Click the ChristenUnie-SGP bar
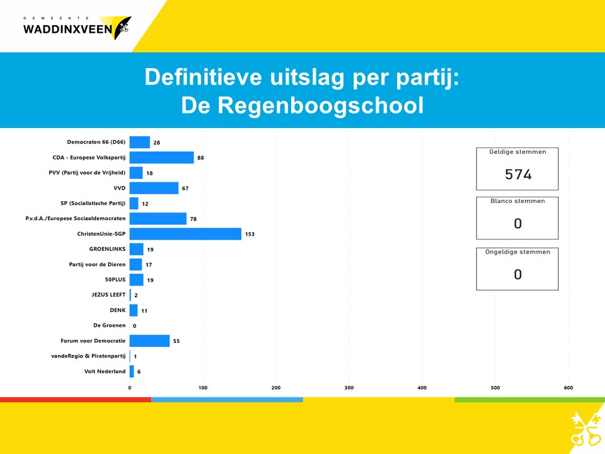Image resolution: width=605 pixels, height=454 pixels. point(185,234)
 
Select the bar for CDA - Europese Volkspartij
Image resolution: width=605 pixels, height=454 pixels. point(162,158)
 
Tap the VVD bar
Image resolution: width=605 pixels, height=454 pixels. point(154,188)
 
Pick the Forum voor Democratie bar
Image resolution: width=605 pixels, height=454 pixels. point(150,341)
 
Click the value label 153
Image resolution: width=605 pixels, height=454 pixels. point(250,234)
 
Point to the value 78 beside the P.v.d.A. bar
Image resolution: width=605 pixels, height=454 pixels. point(193,219)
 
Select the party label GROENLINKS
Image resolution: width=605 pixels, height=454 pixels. point(107,249)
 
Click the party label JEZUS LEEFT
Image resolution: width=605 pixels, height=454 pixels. point(108,294)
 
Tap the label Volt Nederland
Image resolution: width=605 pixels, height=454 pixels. point(105,371)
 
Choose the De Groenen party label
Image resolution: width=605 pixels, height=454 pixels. point(109,325)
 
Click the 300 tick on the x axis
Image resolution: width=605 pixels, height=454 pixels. point(349,388)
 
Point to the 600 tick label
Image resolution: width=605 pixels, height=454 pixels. point(568,388)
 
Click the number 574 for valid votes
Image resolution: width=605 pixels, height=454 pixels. point(518,175)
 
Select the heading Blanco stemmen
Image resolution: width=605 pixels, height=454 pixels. point(518,201)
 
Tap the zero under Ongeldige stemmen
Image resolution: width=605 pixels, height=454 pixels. point(518,274)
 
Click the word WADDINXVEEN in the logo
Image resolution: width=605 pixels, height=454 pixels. point(67,30)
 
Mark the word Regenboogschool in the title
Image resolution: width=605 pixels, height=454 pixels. point(321,106)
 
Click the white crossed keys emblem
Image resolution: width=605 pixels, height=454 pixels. point(585,429)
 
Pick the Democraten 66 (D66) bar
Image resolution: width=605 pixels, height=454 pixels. point(140,142)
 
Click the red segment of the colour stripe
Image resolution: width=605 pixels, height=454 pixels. point(76,400)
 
